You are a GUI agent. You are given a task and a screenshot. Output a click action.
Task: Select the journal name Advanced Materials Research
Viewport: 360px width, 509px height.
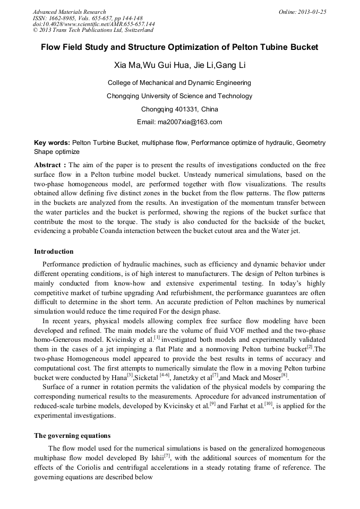click(x=69, y=12)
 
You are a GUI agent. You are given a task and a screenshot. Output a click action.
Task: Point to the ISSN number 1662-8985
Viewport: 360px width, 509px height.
click(x=64, y=18)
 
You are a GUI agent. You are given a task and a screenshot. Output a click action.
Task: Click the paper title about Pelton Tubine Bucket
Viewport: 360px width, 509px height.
click(x=179, y=47)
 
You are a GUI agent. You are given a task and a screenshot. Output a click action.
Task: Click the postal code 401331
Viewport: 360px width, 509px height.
click(x=187, y=109)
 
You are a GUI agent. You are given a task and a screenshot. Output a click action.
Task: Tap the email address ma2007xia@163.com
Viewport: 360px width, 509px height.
click(x=189, y=122)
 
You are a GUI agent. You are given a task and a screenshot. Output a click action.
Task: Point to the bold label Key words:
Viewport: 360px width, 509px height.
click(x=52, y=143)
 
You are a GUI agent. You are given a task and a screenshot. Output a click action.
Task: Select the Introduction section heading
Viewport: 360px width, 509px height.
click(x=54, y=252)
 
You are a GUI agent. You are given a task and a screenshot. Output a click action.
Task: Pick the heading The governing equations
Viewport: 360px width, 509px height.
click(x=72, y=436)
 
